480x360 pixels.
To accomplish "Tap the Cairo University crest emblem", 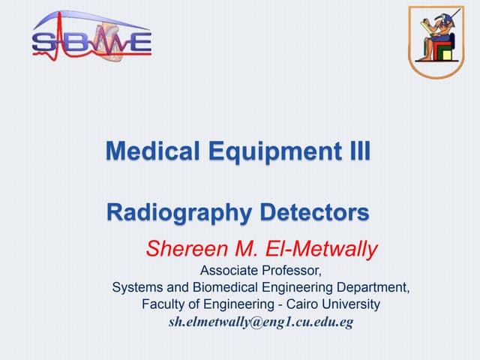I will point(436,41).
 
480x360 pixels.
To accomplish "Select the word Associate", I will point(229,270).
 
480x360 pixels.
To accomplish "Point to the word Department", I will point(370,287).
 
